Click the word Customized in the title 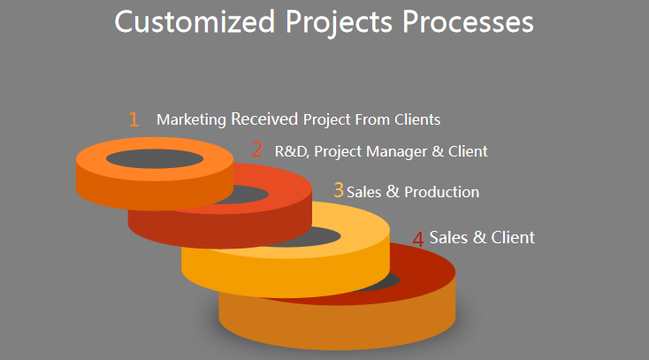(x=195, y=21)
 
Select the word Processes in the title (x=468, y=21)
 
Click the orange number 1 (x=134, y=119)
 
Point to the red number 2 (x=257, y=149)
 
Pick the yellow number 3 (x=339, y=190)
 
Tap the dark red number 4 (x=418, y=239)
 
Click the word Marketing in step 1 (x=191, y=119)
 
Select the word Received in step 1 (x=264, y=119)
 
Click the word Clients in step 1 (x=417, y=119)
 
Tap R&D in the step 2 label (x=292, y=151)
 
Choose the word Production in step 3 (x=441, y=192)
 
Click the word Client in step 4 (x=513, y=237)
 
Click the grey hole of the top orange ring (x=155, y=158)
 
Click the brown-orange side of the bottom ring (x=338, y=326)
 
